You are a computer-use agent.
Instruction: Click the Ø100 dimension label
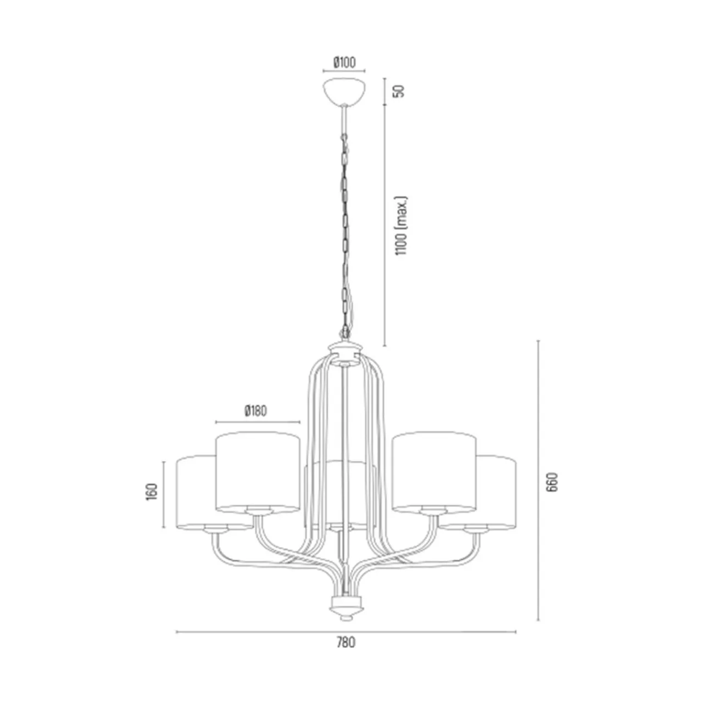(344, 63)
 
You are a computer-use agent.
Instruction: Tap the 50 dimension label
(400, 91)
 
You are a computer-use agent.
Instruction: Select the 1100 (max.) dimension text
(401, 226)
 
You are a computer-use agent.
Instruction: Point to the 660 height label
(553, 482)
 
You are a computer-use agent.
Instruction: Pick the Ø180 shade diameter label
(256, 411)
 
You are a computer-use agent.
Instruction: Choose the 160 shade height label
(152, 492)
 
